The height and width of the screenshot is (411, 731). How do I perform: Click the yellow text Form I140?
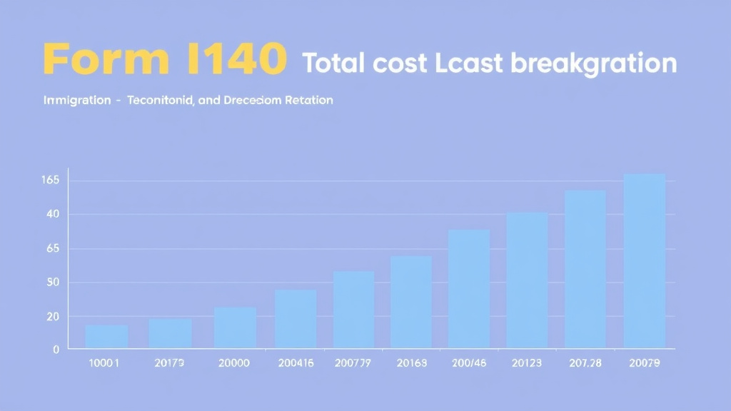[x=164, y=60]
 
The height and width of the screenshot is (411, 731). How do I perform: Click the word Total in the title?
[x=336, y=63]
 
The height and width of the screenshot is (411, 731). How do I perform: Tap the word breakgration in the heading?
[x=594, y=64]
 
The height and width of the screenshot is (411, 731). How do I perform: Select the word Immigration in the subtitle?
[x=76, y=101]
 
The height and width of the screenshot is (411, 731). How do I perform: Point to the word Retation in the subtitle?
[x=308, y=101]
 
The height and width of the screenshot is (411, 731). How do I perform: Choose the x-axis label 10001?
[x=104, y=363]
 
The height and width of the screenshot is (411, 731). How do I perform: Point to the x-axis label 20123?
[x=527, y=363]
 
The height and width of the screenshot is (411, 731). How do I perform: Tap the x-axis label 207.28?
[x=585, y=363]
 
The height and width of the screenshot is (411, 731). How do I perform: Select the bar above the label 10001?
[x=107, y=337]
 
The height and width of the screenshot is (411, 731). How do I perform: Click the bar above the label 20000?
[x=235, y=328]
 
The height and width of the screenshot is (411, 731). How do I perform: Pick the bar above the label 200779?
[x=353, y=310]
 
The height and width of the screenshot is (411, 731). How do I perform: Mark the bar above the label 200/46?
[x=469, y=289]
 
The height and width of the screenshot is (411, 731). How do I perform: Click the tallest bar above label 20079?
[x=645, y=261]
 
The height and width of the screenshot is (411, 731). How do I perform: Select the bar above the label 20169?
[x=411, y=302]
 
